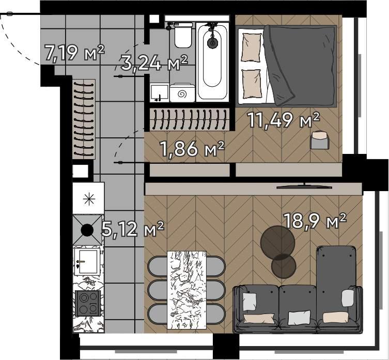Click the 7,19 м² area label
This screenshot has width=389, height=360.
pyautogui.click(x=74, y=53)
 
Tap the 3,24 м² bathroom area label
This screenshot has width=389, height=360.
pyautogui.click(x=154, y=64)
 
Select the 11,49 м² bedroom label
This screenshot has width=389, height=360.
pyautogui.click(x=283, y=120)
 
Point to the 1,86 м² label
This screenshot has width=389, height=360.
pyautogui.click(x=193, y=149)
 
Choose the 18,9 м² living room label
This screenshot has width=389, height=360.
pyautogui.click(x=315, y=221)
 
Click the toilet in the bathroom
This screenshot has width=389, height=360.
pyautogui.click(x=183, y=35)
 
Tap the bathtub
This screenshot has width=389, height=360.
pyautogui.click(x=212, y=62)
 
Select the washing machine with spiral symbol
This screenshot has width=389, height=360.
pyautogui.click(x=182, y=93)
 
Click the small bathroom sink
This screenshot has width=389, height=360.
pyautogui.click(x=160, y=92)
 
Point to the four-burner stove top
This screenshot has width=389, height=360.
pyautogui.click(x=87, y=303)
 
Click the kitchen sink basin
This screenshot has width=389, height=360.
pyautogui.click(x=87, y=261)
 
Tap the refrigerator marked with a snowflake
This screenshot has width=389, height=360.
pyautogui.click(x=88, y=198)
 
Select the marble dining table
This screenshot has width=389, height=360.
pyautogui.click(x=187, y=290)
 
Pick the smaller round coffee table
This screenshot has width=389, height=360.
pyautogui.click(x=284, y=265)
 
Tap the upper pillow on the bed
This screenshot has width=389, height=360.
pyautogui.click(x=251, y=48)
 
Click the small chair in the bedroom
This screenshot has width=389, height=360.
pyautogui.click(x=320, y=140)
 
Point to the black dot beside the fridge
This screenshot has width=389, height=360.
pyautogui.click(x=87, y=230)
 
